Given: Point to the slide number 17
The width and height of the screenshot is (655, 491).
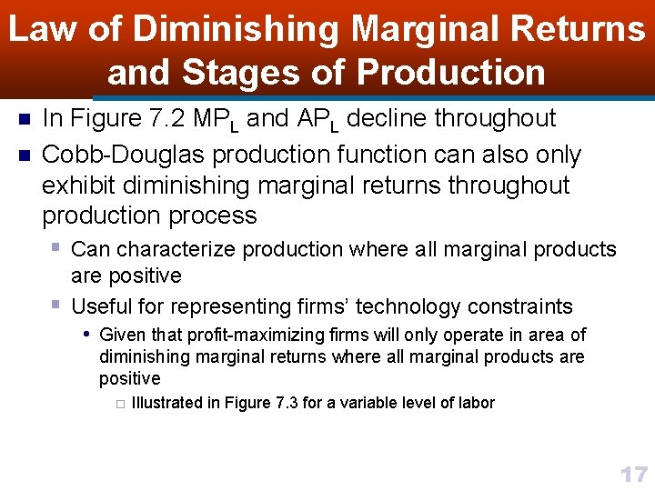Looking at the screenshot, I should pos(633,474).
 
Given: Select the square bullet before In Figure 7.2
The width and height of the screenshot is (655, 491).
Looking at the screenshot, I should pos(24,119).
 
